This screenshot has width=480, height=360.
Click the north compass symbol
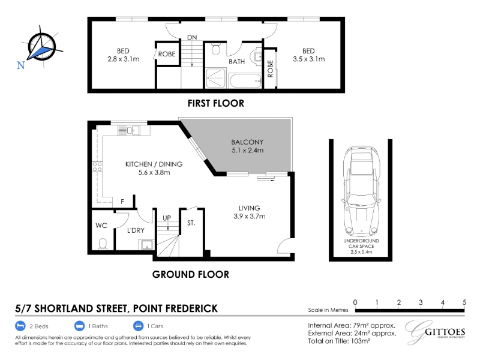point(42,47)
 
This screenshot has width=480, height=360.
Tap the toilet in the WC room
point(103,244)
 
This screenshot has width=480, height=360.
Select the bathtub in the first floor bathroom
point(245,81)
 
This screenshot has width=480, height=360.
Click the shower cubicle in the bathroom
point(215,78)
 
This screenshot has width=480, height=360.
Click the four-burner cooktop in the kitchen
point(97,167)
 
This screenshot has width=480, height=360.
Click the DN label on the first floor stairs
point(192,37)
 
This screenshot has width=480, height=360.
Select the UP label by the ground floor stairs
point(167,218)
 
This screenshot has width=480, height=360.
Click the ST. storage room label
point(191,223)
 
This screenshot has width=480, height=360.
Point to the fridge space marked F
point(122,202)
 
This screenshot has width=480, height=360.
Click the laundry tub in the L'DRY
point(147,245)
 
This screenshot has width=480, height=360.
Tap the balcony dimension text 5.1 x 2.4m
point(247,151)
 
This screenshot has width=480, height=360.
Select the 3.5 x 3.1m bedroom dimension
point(308,59)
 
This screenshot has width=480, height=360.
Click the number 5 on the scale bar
point(464,302)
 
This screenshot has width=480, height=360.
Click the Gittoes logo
point(434,332)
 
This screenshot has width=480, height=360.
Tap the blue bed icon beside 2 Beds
point(20,326)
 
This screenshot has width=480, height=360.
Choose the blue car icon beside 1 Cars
point(138,326)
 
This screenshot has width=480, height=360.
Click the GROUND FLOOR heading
point(190,274)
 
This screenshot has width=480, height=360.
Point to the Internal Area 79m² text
point(352,325)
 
